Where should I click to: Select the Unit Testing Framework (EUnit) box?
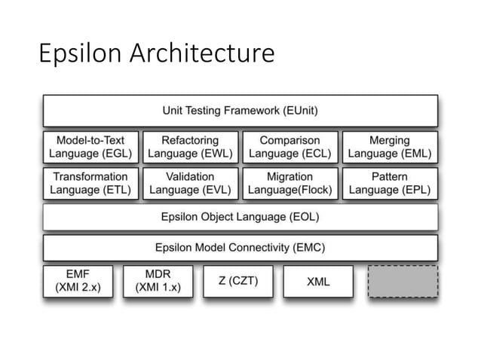tap(240, 111)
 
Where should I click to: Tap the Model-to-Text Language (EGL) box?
tap(90, 147)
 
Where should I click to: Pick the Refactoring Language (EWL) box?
tap(190, 147)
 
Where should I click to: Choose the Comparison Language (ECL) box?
tap(290, 147)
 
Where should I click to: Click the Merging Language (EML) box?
tap(390, 147)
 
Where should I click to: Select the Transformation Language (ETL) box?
tap(90, 183)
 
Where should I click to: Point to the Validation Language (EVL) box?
tap(190, 183)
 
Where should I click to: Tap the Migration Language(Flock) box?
tap(290, 183)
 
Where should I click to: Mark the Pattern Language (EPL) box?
tap(390, 183)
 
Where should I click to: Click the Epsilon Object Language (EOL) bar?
tap(240, 217)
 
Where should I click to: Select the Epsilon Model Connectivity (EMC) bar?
tap(240, 247)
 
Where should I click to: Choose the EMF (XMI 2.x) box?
tap(78, 281)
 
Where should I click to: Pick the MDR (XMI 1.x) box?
tap(158, 281)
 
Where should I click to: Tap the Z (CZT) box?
tap(238, 281)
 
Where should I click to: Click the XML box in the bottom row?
tap(317, 281)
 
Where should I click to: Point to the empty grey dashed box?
tap(402, 281)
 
